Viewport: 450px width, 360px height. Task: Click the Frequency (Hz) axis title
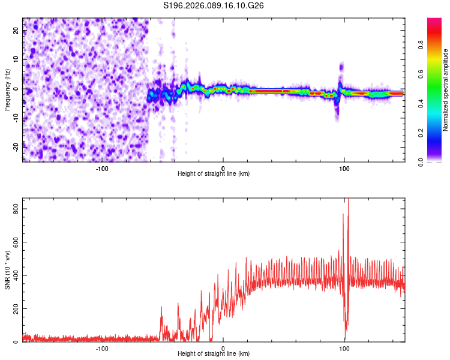pyautogui.click(x=7, y=90)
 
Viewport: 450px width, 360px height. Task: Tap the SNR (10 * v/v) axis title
pyautogui.click(x=7, y=269)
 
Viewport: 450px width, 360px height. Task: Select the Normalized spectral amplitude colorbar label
pyautogui.click(x=446, y=90)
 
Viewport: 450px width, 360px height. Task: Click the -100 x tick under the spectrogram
pyautogui.click(x=101, y=167)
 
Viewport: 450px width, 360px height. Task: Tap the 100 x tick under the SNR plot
pyautogui.click(x=344, y=348)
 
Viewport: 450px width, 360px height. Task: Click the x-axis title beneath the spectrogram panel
pyautogui.click(x=214, y=174)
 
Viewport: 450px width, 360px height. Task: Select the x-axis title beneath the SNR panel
pyautogui.click(x=214, y=355)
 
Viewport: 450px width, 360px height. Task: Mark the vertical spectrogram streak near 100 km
pyautogui.click(x=341, y=78)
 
